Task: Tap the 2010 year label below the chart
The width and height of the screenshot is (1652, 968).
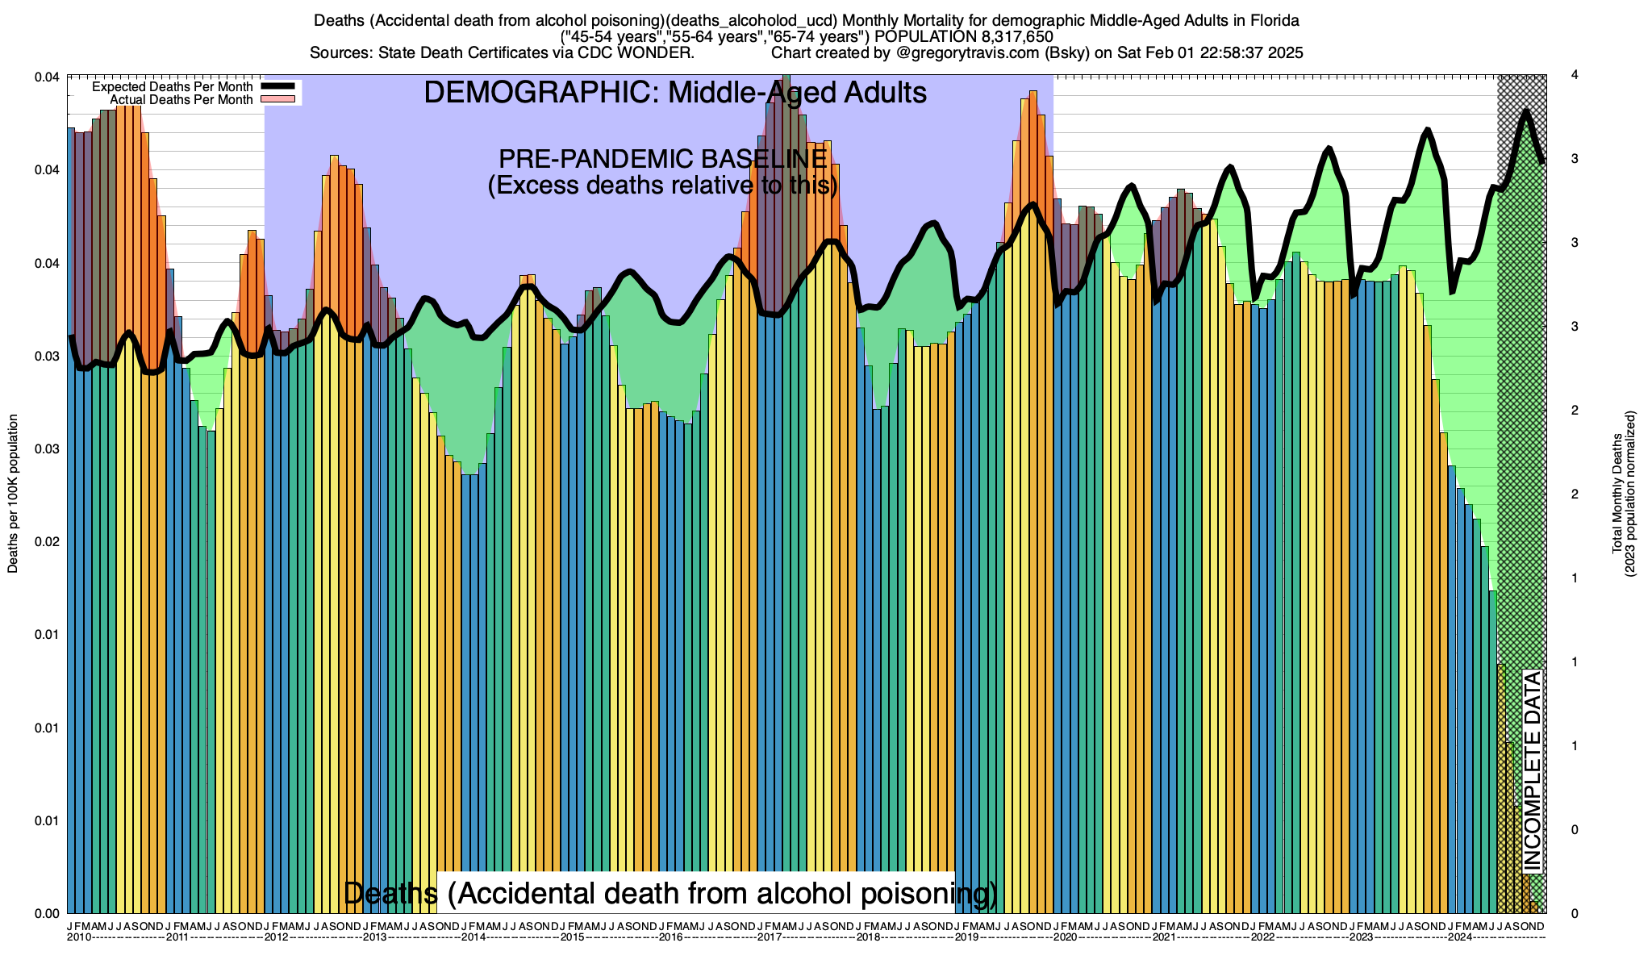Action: [79, 937]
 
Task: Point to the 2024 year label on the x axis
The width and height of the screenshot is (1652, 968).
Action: [1460, 937]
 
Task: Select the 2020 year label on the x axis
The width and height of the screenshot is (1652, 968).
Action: [1066, 937]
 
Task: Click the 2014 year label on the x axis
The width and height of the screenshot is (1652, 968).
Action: [473, 937]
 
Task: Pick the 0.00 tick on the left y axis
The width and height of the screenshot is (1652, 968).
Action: [48, 913]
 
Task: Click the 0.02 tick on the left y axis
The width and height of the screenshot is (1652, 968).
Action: [48, 542]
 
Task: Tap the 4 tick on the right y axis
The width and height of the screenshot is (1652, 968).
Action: [1575, 75]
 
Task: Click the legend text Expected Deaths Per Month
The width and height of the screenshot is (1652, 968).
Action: [173, 87]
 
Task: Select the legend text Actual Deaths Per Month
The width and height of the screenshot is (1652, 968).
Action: [181, 100]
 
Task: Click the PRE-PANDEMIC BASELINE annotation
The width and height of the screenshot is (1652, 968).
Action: [662, 158]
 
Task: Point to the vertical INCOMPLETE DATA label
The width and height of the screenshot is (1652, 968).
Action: [1532, 770]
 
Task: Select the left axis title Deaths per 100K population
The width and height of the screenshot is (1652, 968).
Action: [13, 494]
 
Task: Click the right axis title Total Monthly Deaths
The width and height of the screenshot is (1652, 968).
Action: [1617, 494]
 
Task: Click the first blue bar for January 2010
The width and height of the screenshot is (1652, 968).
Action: [71, 524]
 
